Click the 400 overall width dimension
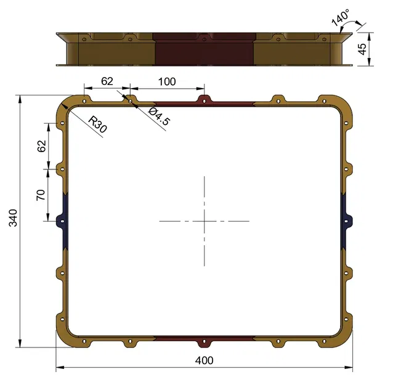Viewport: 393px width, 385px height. coord(203,360)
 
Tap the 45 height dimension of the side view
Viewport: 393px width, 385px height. coord(363,49)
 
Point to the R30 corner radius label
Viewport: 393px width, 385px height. coord(98,124)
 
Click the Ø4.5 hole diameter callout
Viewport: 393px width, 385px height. coord(159,116)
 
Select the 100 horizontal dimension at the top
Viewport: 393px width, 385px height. coord(166,81)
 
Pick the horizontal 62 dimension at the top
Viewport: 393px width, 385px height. coord(107,81)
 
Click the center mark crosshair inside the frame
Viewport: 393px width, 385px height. coord(204,221)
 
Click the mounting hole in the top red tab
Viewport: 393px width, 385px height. coord(204,99)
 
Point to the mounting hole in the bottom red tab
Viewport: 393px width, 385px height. coord(204,342)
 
